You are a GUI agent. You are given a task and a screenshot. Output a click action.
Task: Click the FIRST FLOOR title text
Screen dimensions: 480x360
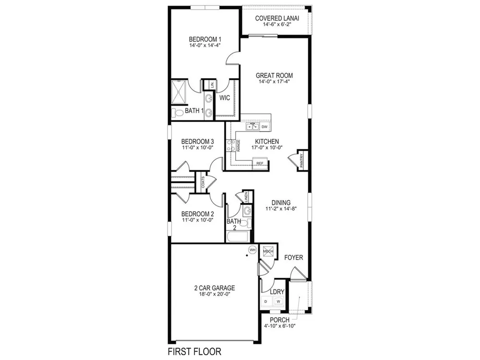click(x=194, y=351)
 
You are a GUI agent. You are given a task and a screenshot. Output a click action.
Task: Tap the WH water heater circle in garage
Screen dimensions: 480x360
click(x=252, y=250)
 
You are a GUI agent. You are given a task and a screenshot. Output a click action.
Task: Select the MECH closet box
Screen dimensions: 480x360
click(x=268, y=252)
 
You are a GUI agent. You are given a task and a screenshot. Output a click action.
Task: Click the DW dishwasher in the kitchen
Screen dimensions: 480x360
click(x=264, y=127)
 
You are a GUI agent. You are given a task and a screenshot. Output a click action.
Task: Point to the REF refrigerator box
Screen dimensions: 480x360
click(x=260, y=163)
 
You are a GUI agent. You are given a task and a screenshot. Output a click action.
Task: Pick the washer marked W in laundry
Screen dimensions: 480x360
click(x=278, y=301)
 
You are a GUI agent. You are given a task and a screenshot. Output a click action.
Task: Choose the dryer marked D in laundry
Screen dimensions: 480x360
click(x=266, y=301)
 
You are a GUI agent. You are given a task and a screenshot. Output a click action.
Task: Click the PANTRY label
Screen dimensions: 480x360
click(x=301, y=160)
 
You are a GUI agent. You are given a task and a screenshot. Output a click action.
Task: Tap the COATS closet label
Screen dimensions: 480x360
click(x=203, y=182)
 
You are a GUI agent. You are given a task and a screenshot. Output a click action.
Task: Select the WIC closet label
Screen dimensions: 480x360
click(x=225, y=98)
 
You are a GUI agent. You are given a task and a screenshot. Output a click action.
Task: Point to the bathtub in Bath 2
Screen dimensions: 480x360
click(x=238, y=237)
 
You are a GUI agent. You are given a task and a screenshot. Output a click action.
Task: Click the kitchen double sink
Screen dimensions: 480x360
click(x=253, y=126)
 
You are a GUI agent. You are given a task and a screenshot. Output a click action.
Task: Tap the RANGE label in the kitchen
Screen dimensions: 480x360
click(x=238, y=145)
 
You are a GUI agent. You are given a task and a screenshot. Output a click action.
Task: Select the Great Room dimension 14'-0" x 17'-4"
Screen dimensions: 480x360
click(x=274, y=82)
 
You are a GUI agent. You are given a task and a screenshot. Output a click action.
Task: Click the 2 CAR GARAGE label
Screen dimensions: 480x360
click(x=215, y=288)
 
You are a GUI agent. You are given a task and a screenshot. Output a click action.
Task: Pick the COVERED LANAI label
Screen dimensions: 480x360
click(x=277, y=18)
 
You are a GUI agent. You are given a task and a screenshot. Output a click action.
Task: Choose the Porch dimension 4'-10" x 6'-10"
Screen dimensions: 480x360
click(x=280, y=326)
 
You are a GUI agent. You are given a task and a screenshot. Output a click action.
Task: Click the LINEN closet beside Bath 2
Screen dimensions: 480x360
click(x=246, y=196)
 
